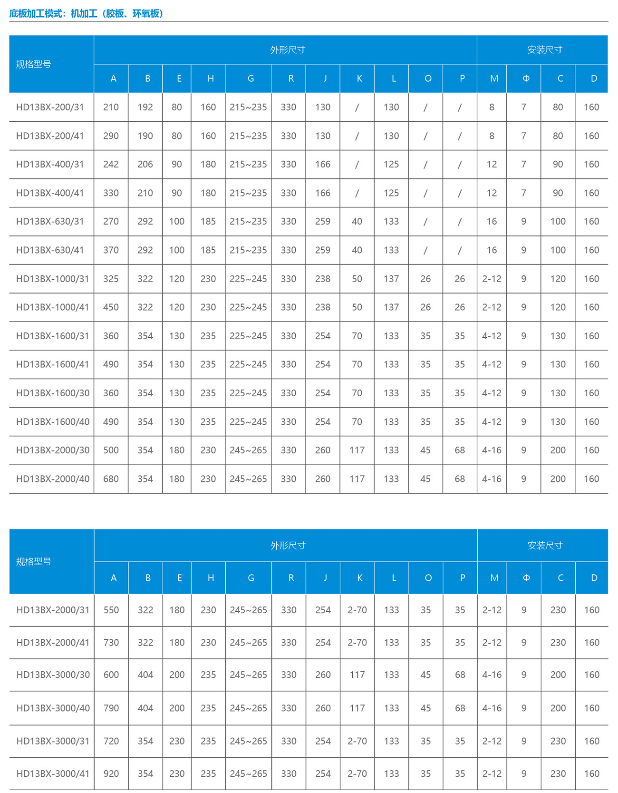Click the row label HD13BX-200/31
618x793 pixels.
[50, 107]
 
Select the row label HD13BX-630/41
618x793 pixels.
[50, 250]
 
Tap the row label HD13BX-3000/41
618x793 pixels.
[53, 773]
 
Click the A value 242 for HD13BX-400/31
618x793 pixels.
[111, 164]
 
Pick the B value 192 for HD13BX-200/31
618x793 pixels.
[145, 107]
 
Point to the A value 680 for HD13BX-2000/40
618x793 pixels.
[111, 479]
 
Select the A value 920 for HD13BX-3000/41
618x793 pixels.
[111, 773]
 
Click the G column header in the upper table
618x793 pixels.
[251, 78]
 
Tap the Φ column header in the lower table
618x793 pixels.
[526, 578]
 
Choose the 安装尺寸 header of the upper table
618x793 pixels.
[545, 49]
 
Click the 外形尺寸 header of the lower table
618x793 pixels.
[288, 545]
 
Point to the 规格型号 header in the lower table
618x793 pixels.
[33, 561]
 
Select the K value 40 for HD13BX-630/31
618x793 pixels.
[357, 221]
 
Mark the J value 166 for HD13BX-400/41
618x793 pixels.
[323, 193]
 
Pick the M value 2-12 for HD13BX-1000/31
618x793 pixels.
[492, 279]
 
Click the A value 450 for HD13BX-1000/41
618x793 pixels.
[111, 307]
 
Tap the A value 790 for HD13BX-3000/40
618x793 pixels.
[111, 708]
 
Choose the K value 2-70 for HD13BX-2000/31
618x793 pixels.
[357, 610]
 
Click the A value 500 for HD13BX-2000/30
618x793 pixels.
[111, 450]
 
